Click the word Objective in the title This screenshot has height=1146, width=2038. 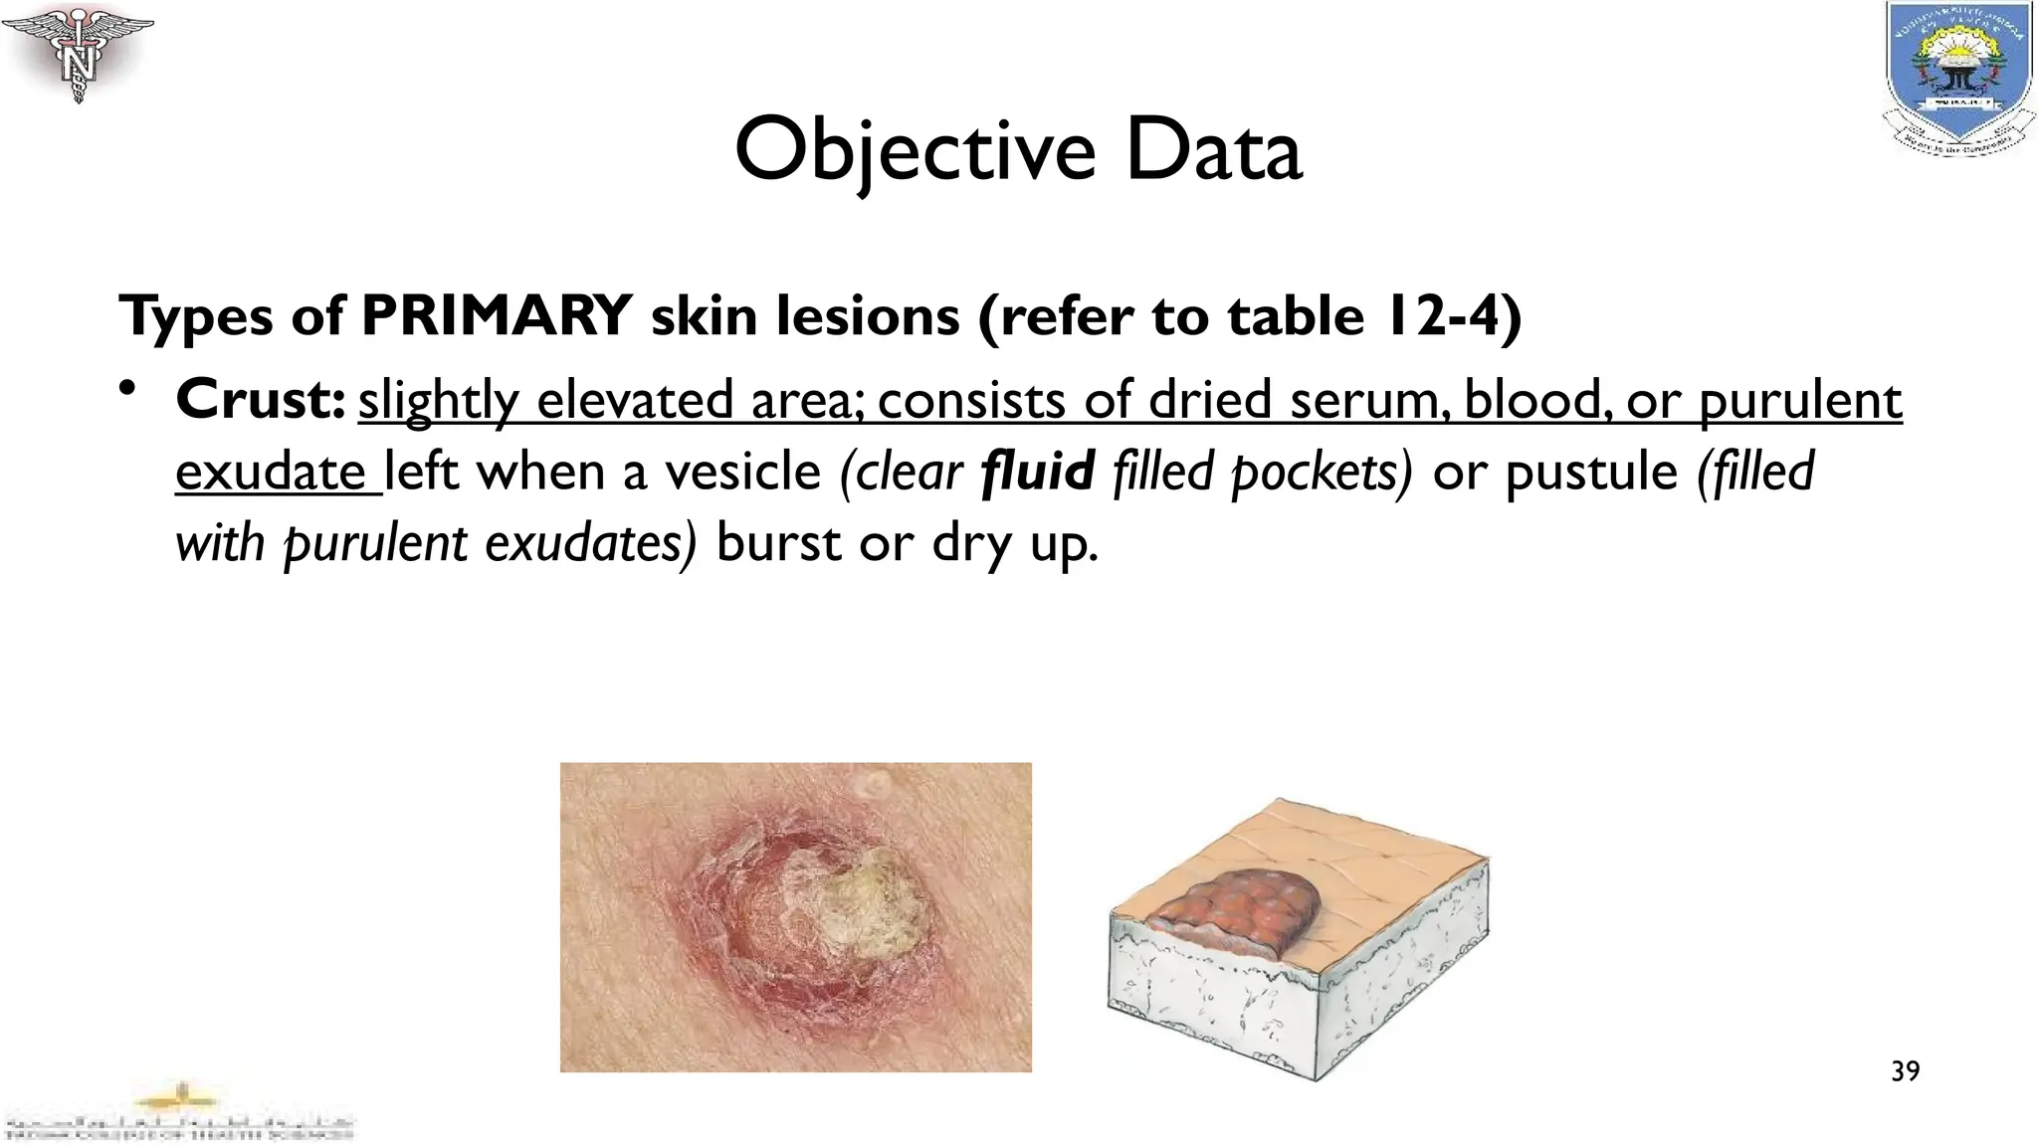(x=915, y=151)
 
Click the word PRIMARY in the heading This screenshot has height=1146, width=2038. (x=496, y=316)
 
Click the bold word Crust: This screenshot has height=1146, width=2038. (x=261, y=400)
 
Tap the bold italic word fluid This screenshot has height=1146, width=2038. (x=1037, y=472)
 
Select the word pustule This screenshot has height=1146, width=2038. (x=1590, y=472)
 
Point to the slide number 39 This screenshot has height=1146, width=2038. (x=1905, y=1071)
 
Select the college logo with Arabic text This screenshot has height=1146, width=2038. (x=179, y=1114)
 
